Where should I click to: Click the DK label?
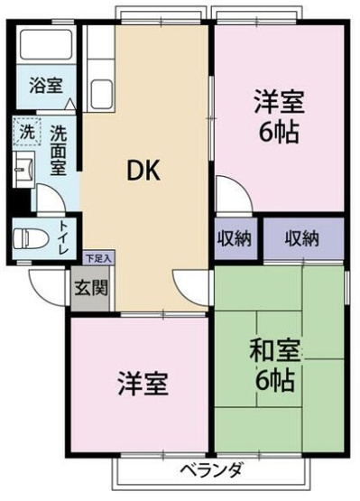pyautogui.click(x=143, y=171)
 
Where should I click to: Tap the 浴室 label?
pyautogui.click(x=46, y=85)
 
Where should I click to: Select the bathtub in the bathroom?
pyautogui.click(x=46, y=44)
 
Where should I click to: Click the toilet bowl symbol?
pyautogui.click(x=31, y=237)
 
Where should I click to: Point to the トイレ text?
pyautogui.click(x=64, y=238)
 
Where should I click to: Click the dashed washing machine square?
pyautogui.click(x=27, y=131)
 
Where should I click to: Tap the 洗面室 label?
pyautogui.click(x=58, y=150)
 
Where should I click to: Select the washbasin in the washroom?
pyautogui.click(x=23, y=170)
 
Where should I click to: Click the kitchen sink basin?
pyautogui.click(x=102, y=94)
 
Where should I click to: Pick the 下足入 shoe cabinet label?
pyautogui.click(x=98, y=258)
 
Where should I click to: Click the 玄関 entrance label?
pyautogui.click(x=91, y=289)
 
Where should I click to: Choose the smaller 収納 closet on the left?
pyautogui.click(x=235, y=238)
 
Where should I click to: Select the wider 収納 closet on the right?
pyautogui.click(x=302, y=238)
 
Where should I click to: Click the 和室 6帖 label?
pyautogui.click(x=274, y=365)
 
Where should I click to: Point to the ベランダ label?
pyautogui.click(x=211, y=470)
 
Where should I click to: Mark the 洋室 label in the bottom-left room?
pyautogui.click(x=143, y=384)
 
